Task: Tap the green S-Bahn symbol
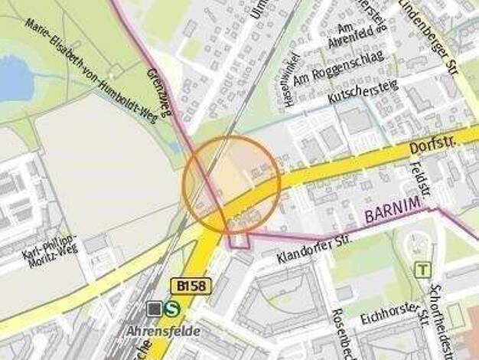click(174, 309)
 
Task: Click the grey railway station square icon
click(156, 309)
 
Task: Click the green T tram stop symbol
click(422, 270)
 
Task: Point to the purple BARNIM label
click(393, 214)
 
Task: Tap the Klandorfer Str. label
click(314, 247)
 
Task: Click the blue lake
click(11, 77)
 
